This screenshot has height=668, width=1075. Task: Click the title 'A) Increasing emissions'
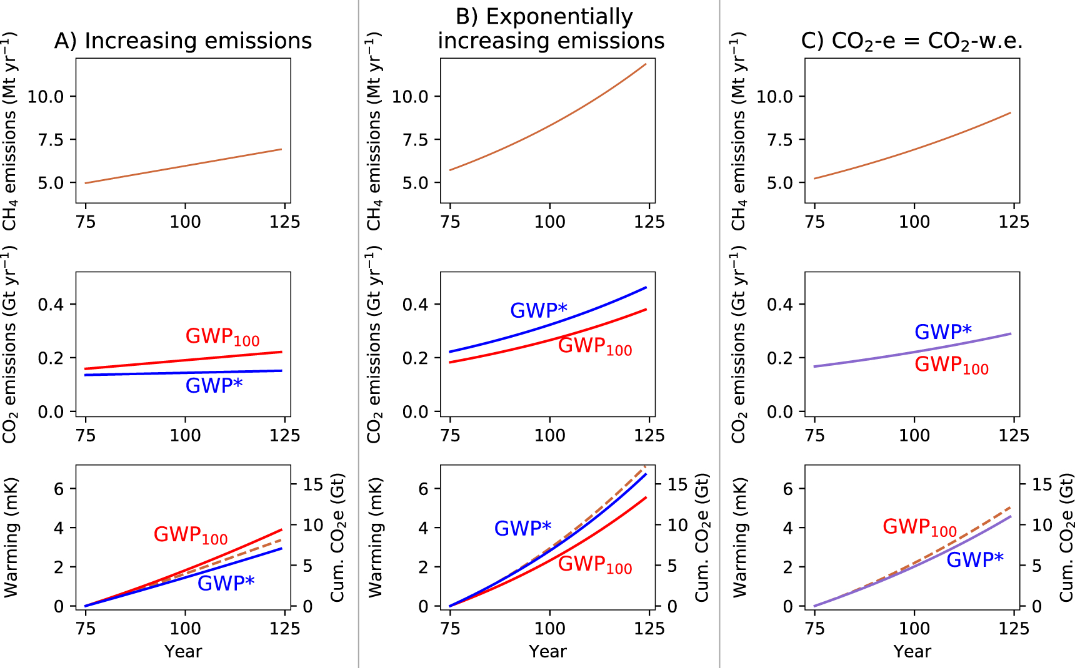coord(182,41)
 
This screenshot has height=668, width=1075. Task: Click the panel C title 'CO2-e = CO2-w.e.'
coord(912,41)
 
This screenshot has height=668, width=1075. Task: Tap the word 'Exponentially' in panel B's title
coord(560,17)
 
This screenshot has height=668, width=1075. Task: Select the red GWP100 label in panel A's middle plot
coord(222,337)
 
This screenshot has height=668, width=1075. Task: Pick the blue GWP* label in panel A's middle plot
coord(214,386)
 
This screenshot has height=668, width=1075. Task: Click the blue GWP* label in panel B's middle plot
coord(538,310)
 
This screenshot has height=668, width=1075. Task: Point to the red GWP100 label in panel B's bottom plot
coord(594,564)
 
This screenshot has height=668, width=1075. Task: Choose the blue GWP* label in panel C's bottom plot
coord(974,560)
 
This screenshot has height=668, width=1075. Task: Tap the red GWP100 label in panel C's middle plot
coord(951,365)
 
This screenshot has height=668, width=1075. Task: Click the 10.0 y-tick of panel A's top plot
coord(46,97)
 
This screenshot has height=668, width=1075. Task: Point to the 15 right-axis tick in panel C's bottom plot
coord(1042,484)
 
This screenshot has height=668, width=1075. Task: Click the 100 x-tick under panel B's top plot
coord(549,222)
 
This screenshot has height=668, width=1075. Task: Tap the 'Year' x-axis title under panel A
coord(183,652)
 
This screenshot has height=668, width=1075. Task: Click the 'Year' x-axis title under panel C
coord(912,652)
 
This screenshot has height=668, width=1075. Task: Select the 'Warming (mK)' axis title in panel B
coord(375,538)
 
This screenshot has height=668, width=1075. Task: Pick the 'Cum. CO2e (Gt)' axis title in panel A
coord(337,538)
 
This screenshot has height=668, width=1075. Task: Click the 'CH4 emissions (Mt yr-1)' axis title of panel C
coord(739,131)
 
